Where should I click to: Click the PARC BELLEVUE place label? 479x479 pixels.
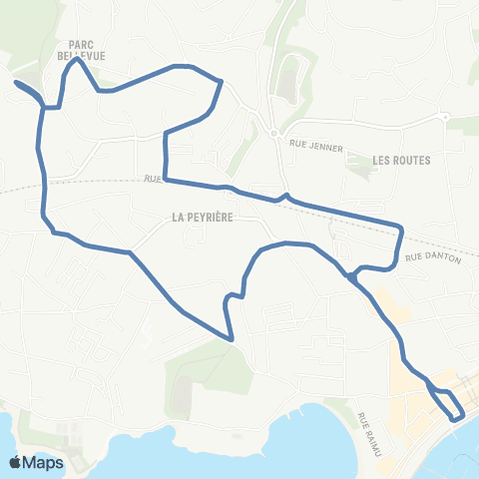click(x=88, y=51)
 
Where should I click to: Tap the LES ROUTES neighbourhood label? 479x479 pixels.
click(x=400, y=160)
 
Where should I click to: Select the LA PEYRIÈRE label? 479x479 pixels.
click(x=202, y=216)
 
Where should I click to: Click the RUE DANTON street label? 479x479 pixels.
click(x=433, y=257)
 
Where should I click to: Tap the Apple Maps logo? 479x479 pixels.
click(x=36, y=462)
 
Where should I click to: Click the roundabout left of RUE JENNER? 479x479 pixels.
click(x=272, y=133)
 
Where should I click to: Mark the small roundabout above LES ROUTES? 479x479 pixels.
click(x=445, y=117)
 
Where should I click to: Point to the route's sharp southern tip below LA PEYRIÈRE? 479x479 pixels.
click(x=232, y=339)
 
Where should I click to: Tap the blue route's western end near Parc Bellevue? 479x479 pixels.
click(x=17, y=83)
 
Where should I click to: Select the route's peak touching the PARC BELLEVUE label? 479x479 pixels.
click(x=77, y=61)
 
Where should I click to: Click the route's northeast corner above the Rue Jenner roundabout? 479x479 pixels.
click(x=220, y=83)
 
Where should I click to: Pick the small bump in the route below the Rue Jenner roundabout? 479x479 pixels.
click(x=286, y=196)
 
